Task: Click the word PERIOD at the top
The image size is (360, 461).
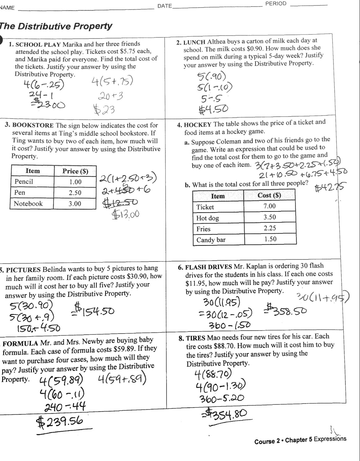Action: pos(276,4)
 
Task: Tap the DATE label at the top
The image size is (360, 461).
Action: pos(164,6)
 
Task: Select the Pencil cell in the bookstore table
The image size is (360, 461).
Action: pos(24,182)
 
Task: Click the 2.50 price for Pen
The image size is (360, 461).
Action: pos(75,193)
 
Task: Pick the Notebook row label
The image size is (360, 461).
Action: pos(28,203)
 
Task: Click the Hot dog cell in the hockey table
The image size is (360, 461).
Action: pos(208,218)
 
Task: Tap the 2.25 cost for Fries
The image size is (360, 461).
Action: pos(270,228)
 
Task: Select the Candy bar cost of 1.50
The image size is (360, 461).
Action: pos(270,239)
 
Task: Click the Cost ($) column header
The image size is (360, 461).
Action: pos(269,195)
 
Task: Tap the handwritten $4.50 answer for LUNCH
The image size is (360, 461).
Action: pos(213,109)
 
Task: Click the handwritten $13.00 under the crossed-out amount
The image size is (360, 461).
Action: pos(125,214)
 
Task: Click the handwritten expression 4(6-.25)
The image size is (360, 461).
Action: pos(44,85)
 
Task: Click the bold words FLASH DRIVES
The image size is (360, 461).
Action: pos(208,267)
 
